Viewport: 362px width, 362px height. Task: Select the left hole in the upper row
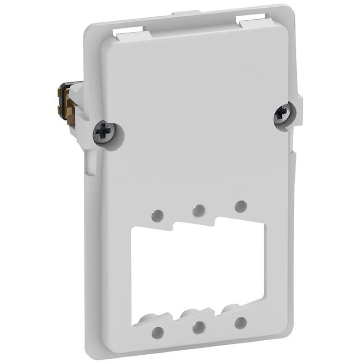(157, 215)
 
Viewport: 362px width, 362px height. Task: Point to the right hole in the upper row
(241, 206)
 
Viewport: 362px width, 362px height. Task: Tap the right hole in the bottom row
(241, 323)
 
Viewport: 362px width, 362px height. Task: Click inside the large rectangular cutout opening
(198, 271)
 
